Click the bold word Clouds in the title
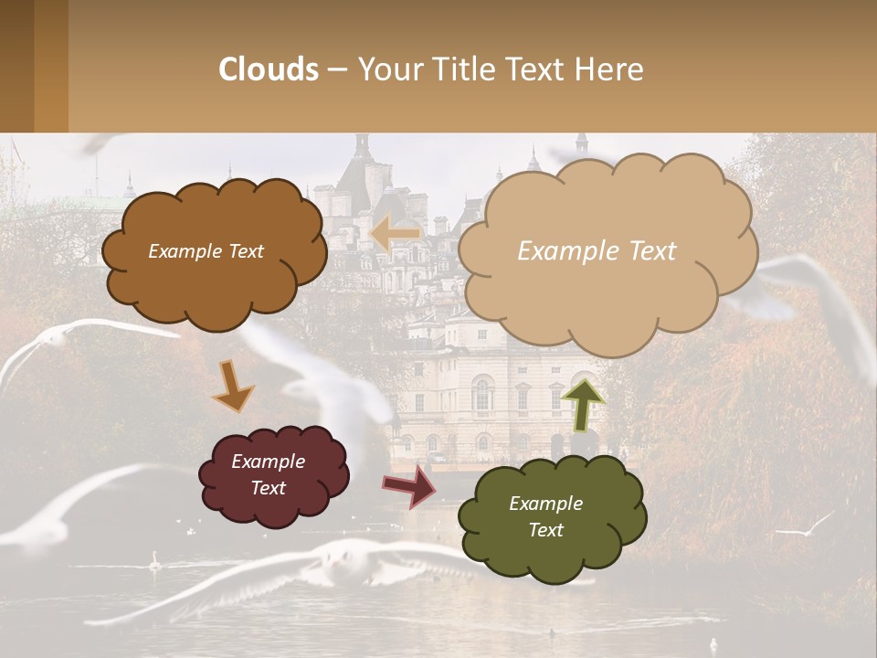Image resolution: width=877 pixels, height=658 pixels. pos(269,69)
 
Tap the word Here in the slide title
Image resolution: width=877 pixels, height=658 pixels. pos(608,69)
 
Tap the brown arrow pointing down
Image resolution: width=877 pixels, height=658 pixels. pos(232,387)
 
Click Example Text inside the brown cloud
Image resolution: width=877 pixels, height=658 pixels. pos(206,251)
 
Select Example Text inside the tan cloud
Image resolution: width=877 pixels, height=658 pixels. pos(597,251)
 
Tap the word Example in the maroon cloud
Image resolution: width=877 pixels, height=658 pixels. pos(268,462)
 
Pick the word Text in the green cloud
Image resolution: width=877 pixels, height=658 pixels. pos(545,530)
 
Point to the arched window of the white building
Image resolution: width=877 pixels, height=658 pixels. pos(481,395)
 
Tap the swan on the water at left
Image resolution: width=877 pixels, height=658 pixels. pos(154,558)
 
